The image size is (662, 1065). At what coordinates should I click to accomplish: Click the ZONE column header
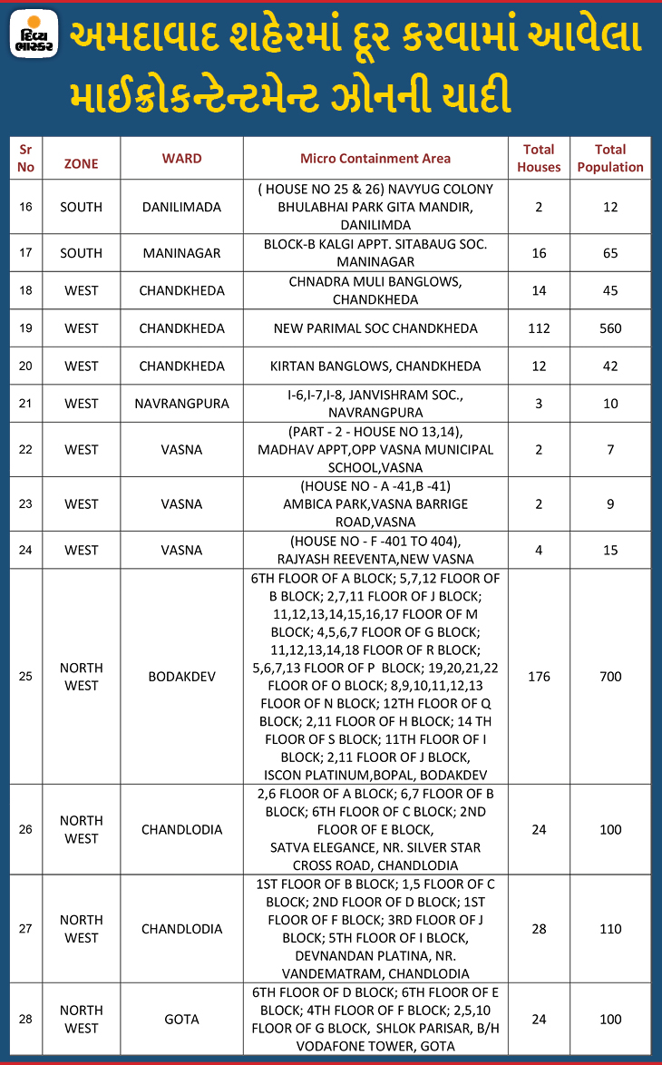click(81, 163)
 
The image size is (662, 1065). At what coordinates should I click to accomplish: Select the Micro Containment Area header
click(375, 158)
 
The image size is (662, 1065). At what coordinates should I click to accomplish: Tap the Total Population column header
click(610, 158)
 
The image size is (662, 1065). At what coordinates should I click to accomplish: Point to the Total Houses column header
click(539, 158)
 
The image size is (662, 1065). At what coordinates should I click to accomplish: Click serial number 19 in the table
click(25, 327)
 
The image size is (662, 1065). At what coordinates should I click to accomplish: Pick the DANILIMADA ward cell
click(181, 207)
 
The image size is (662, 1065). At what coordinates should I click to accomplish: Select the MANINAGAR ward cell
click(181, 253)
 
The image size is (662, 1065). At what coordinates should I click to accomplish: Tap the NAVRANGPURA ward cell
click(181, 403)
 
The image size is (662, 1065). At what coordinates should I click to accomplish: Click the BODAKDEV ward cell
click(181, 676)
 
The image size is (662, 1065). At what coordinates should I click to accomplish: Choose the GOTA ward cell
click(181, 1019)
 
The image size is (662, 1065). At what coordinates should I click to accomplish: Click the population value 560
click(610, 327)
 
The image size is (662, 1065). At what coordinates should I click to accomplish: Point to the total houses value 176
click(539, 676)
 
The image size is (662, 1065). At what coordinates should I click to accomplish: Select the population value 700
click(610, 676)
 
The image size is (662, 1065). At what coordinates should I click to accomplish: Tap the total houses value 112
click(539, 327)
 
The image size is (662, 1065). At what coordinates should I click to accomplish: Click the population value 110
click(610, 929)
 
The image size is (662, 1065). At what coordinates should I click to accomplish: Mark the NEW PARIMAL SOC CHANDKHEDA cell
click(375, 327)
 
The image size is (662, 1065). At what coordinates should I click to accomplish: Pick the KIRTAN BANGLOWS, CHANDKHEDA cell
click(375, 366)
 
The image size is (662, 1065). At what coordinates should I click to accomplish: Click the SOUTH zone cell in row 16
click(81, 207)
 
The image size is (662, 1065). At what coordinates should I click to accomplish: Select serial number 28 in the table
click(25, 1019)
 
